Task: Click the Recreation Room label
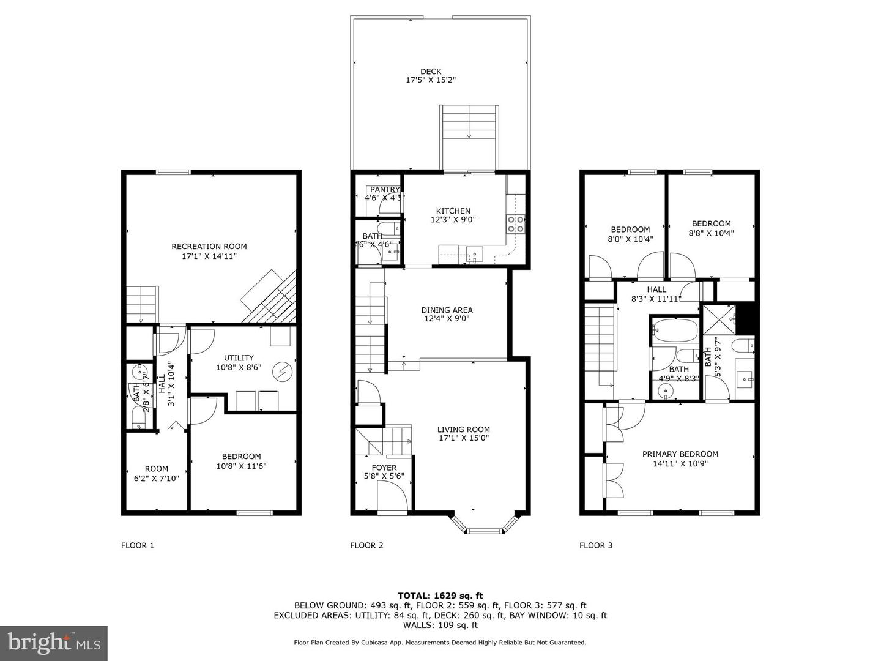click(x=209, y=247)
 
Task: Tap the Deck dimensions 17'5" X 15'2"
click(x=431, y=80)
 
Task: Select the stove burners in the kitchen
click(x=516, y=225)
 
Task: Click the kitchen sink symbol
click(x=474, y=253)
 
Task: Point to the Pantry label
click(x=384, y=190)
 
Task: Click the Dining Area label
click(x=447, y=310)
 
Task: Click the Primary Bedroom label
click(x=680, y=454)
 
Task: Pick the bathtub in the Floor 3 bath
click(x=674, y=331)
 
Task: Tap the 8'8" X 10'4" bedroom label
click(x=711, y=224)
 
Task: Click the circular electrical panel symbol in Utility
click(x=283, y=371)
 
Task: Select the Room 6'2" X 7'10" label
click(x=157, y=469)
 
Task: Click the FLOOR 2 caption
click(x=366, y=545)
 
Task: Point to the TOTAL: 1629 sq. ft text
click(x=440, y=595)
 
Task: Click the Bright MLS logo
click(x=54, y=643)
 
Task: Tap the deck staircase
click(x=469, y=122)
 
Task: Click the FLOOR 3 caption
click(x=596, y=545)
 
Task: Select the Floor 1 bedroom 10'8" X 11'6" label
click(x=241, y=457)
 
